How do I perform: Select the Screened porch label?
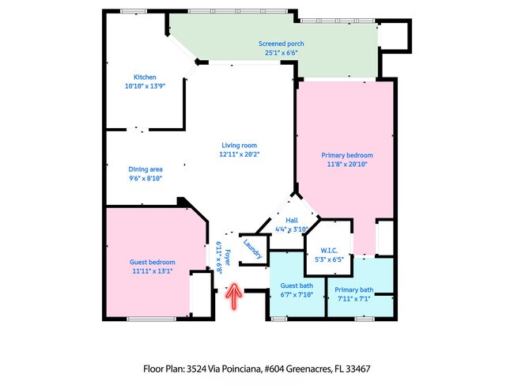click(x=281, y=44)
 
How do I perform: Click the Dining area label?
click(x=146, y=169)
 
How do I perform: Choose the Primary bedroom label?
click(x=346, y=155)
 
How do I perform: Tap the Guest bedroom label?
click(x=153, y=262)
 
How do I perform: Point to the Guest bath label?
click(x=297, y=286)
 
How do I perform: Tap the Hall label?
click(x=291, y=221)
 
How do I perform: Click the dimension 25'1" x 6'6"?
click(x=281, y=53)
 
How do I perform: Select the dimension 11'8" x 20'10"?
click(x=346, y=165)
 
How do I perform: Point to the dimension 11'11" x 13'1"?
click(x=153, y=271)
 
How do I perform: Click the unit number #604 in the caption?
click(x=270, y=368)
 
